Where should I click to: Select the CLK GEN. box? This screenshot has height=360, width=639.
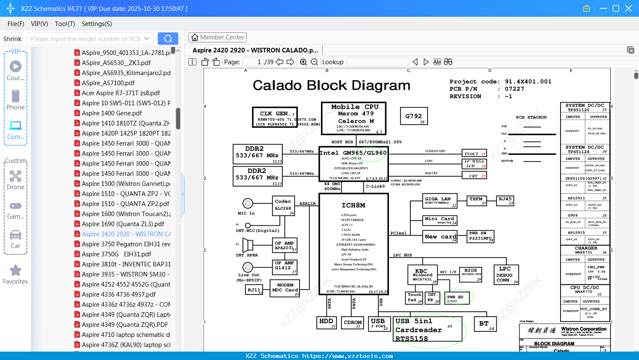click(275, 117)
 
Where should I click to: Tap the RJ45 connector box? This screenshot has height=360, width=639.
click(505, 201)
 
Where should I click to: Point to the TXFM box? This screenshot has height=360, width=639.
click(476, 201)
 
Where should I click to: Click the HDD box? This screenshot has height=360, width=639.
click(327, 323)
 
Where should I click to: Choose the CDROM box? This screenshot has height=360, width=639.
click(352, 323)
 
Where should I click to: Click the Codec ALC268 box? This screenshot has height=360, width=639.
click(284, 206)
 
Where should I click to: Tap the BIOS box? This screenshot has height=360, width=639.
click(471, 274)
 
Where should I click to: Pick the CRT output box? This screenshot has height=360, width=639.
click(475, 176)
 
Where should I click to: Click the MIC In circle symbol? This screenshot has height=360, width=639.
click(248, 203)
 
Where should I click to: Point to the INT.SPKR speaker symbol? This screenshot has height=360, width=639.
click(248, 245)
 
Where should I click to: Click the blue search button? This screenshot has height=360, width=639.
click(168, 39)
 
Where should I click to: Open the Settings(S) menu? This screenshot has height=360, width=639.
click(97, 24)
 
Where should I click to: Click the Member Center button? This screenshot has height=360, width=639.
click(217, 37)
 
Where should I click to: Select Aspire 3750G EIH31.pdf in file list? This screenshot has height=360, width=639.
click(117, 254)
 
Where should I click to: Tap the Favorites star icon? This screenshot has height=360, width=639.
click(16, 271)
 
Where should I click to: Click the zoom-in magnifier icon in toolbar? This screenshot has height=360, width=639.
click(303, 62)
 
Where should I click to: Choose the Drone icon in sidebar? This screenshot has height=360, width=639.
click(16, 176)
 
